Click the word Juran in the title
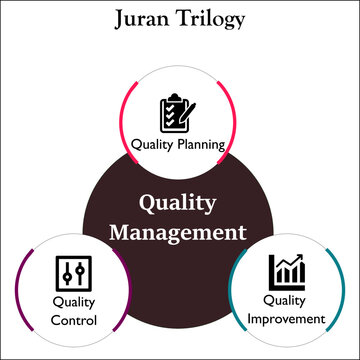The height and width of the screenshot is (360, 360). point(146,18)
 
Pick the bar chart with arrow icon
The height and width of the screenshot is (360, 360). point(286,269)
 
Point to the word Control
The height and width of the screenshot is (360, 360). point(74,321)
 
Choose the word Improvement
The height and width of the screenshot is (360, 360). point(287,320)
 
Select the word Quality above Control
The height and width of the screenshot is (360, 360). point(73,301)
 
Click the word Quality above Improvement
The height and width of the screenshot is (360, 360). point(286,300)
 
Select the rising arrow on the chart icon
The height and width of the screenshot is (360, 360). point(292,263)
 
